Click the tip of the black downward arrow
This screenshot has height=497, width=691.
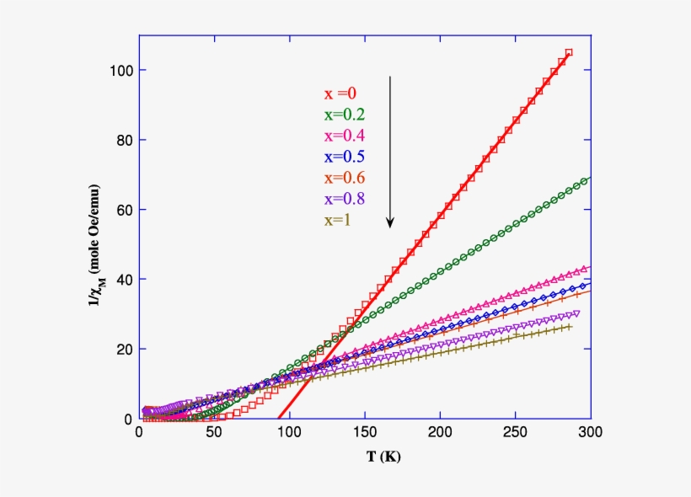390,227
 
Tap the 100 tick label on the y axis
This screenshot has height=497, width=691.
121,70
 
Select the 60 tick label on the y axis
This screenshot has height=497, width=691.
124,210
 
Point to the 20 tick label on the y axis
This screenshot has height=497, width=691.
124,349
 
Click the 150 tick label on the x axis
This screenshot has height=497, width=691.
365,433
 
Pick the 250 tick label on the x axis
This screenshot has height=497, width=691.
515,433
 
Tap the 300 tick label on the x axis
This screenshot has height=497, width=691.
590,433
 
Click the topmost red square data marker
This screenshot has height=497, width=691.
569,52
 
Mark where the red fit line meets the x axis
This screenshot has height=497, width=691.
278,419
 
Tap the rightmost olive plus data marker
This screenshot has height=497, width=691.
569,327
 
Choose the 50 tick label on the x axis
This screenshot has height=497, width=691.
214,433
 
